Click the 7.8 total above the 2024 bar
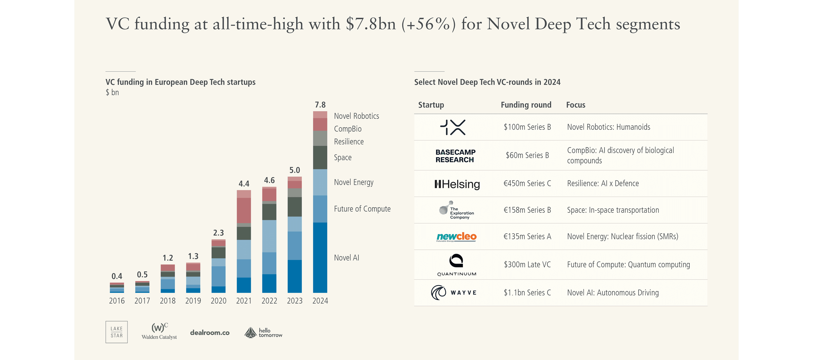point(320,105)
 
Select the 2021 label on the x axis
point(244,301)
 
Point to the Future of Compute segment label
point(362,209)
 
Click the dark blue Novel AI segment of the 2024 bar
point(320,257)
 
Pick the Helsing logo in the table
point(457,184)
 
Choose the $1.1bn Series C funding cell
point(527,293)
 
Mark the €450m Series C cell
point(527,183)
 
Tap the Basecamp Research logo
point(455,156)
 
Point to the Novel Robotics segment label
point(356,116)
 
